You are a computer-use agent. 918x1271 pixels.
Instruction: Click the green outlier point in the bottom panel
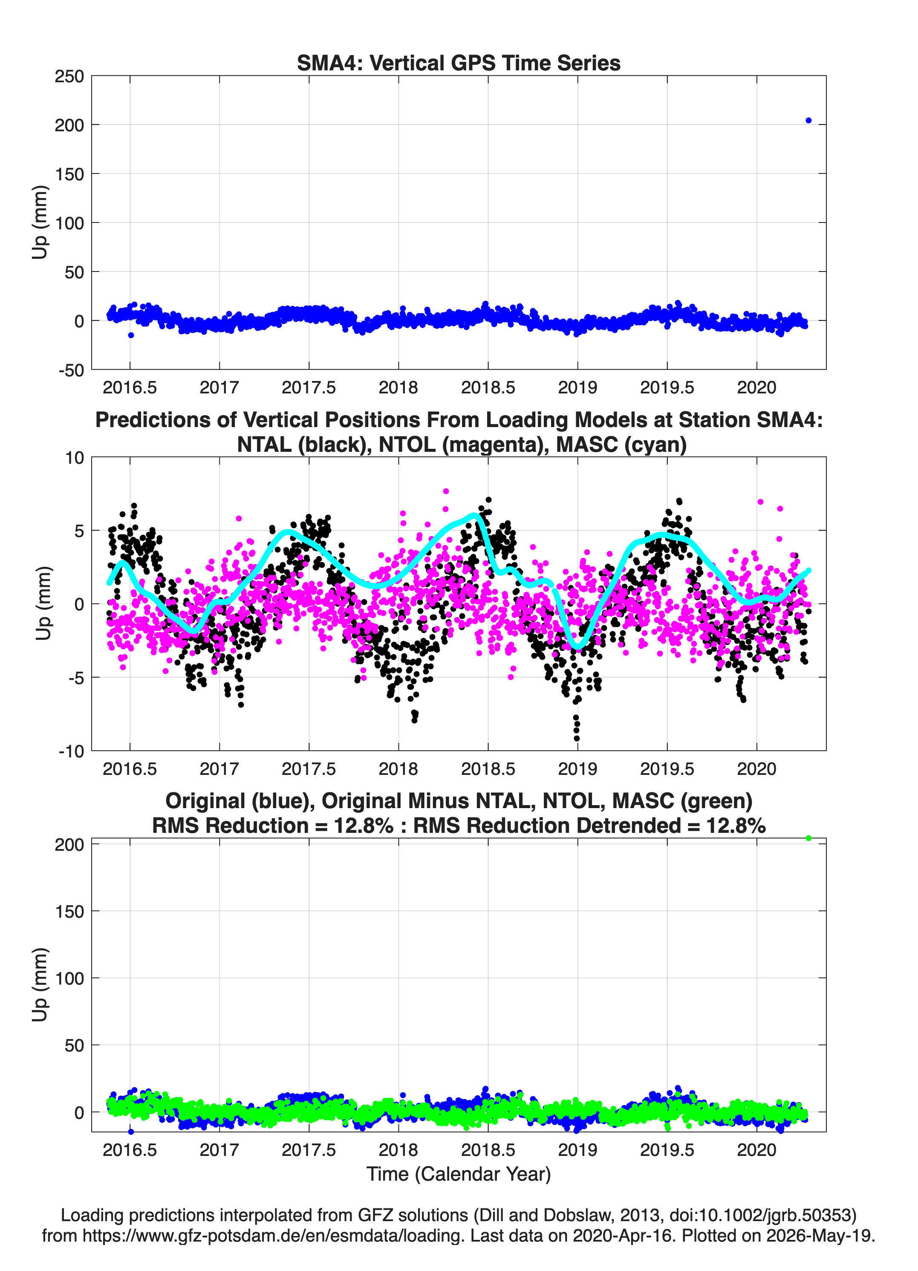[x=808, y=838]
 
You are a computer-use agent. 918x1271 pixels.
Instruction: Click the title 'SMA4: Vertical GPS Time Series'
[x=459, y=63]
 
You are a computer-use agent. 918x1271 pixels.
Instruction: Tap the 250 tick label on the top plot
[x=69, y=76]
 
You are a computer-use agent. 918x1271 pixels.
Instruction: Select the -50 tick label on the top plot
[x=71, y=370]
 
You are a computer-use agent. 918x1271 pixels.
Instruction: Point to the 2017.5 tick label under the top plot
[x=309, y=387]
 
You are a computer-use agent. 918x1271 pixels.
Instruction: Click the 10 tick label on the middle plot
[x=75, y=458]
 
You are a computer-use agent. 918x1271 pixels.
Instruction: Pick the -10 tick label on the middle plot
[x=71, y=751]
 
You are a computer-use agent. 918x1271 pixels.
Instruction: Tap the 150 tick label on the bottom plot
[x=69, y=911]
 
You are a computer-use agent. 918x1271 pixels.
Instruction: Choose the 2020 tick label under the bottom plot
[x=756, y=1150]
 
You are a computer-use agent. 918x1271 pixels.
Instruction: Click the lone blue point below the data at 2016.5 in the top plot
[x=130, y=335]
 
